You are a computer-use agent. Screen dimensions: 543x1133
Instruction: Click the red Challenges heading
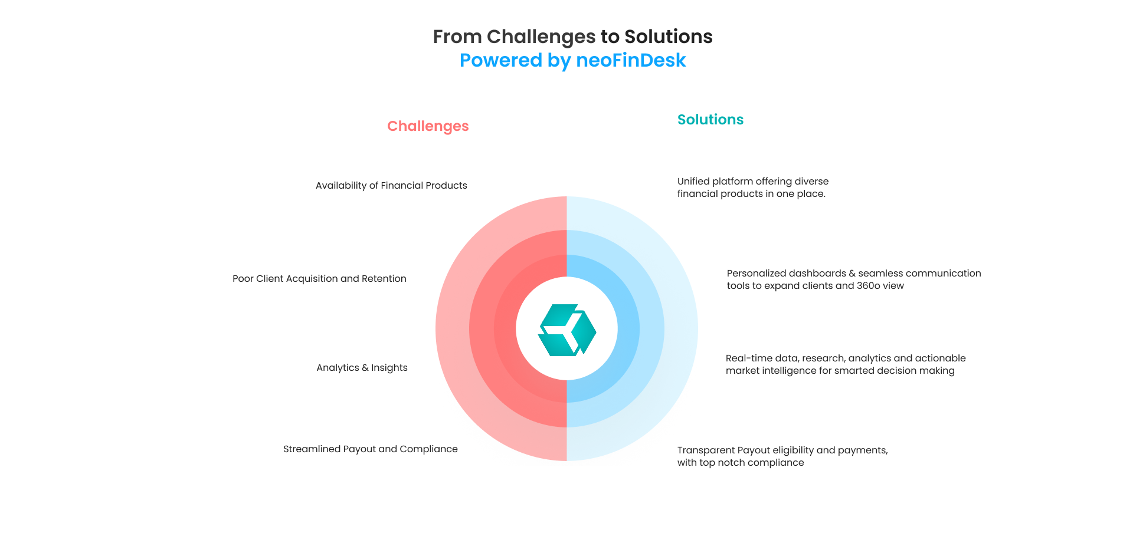click(x=428, y=126)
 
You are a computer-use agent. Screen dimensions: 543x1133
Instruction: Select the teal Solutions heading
click(x=710, y=120)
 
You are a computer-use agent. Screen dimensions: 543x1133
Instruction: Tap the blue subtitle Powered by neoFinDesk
click(x=572, y=60)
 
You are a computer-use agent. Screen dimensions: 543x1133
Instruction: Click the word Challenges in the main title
click(x=541, y=37)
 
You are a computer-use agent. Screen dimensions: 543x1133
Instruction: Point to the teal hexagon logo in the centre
click(x=567, y=330)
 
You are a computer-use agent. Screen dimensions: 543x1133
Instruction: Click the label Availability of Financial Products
click(x=391, y=186)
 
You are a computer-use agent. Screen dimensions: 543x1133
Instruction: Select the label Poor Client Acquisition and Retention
click(x=319, y=279)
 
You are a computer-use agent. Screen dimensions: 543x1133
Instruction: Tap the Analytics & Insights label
click(x=362, y=368)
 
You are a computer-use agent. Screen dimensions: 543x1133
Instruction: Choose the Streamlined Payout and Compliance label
click(x=370, y=449)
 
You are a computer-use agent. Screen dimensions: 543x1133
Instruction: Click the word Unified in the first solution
click(x=693, y=182)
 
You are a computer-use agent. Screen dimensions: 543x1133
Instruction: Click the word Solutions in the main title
click(x=668, y=37)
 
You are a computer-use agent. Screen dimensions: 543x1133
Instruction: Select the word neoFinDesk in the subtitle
click(x=631, y=60)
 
